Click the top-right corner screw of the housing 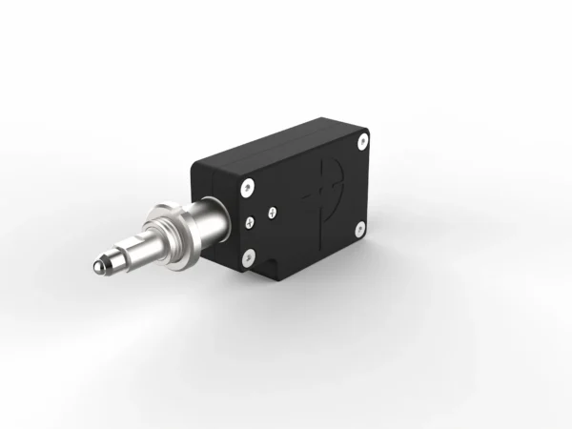point(362,142)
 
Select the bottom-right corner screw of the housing point(359,228)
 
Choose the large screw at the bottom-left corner point(249,255)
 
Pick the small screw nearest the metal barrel point(249,222)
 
